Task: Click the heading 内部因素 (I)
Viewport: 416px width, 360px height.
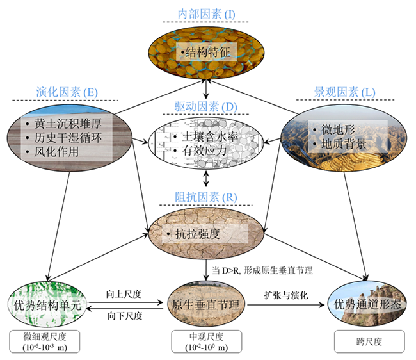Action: pyautogui.click(x=208, y=14)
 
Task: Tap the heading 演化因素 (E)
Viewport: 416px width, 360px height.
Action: pyautogui.click(x=66, y=92)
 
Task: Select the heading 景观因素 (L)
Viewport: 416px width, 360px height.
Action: pyautogui.click(x=349, y=92)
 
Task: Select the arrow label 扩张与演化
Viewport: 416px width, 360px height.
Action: pyautogui.click(x=286, y=294)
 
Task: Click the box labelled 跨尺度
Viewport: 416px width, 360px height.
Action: pyautogui.click(x=364, y=342)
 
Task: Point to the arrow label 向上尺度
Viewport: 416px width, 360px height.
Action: pyautogui.click(x=124, y=294)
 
